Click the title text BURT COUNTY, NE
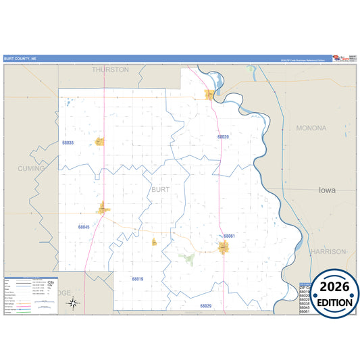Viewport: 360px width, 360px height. (x=22, y=59)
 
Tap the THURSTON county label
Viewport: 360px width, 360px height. (x=110, y=70)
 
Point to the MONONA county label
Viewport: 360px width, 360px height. (x=311, y=128)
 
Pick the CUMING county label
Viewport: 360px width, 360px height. (x=31, y=168)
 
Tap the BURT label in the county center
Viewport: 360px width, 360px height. (x=160, y=190)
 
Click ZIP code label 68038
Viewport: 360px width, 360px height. (x=68, y=143)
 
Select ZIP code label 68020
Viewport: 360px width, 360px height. (x=223, y=136)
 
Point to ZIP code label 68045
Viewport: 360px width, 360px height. (x=84, y=227)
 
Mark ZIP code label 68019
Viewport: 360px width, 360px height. (x=138, y=278)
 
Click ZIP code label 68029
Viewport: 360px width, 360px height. (x=205, y=306)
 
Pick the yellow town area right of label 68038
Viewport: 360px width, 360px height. (x=99, y=142)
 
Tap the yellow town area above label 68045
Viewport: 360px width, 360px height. (x=103, y=209)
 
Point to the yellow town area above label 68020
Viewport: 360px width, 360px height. (x=210, y=95)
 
